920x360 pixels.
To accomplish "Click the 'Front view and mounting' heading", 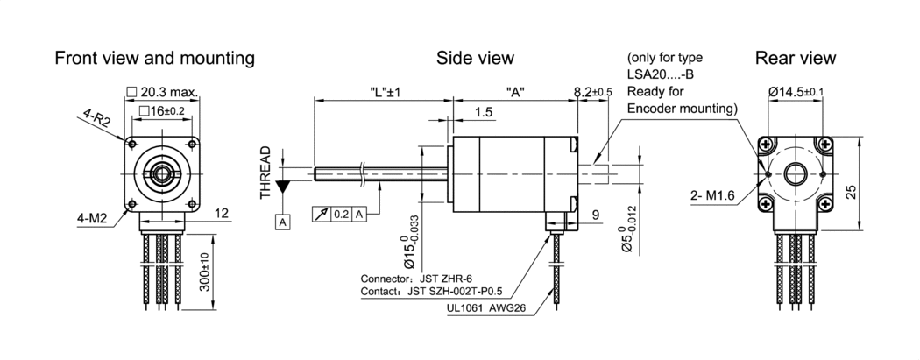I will [154, 59].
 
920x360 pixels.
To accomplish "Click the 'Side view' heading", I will [475, 59].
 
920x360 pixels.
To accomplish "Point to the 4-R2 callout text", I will [97, 118].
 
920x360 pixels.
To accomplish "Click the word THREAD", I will [265, 173].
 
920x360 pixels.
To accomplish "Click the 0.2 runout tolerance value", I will [343, 213].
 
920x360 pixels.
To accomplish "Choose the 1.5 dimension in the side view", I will [482, 112].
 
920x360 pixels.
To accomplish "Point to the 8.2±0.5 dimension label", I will [592, 92].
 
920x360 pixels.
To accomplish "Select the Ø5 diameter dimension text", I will [626, 230].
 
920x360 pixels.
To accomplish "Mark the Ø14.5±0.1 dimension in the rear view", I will [796, 92].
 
